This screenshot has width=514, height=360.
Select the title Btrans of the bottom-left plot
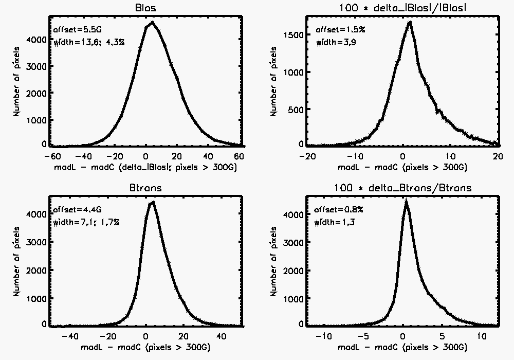click(x=146, y=188)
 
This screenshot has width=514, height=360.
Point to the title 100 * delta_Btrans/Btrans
click(x=401, y=188)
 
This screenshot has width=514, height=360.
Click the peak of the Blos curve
click(x=151, y=22)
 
